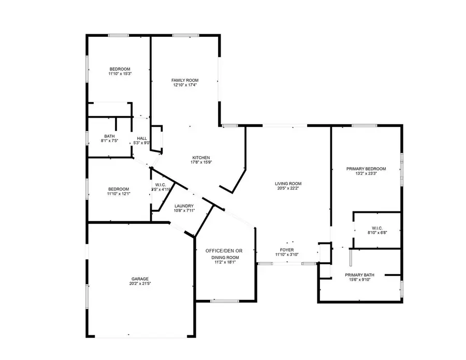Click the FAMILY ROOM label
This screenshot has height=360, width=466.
185,80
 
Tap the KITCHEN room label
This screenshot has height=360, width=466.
201,157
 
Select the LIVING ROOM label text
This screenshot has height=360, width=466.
288,183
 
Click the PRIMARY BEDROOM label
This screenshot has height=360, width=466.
367,169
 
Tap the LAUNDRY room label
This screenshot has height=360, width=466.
184,206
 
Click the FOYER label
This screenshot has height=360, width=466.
287,250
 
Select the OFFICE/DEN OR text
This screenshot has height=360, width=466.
224,251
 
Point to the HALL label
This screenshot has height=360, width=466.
142,138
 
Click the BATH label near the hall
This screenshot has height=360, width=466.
109,136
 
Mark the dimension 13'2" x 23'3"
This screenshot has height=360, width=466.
367,174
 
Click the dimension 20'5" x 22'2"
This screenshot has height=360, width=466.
288,189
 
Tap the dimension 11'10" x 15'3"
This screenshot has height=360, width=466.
120,74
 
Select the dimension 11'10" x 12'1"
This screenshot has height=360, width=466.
119,194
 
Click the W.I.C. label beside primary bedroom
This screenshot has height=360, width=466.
376,227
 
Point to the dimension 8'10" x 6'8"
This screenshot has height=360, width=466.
376,233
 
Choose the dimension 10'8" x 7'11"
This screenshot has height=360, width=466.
184,211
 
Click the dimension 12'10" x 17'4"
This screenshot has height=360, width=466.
185,85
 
